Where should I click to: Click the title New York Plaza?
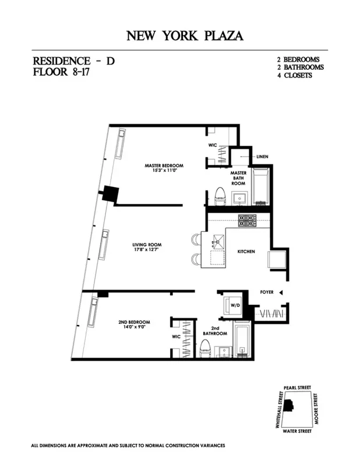(x=185, y=36)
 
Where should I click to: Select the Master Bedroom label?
(x=164, y=165)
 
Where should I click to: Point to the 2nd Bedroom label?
(x=135, y=322)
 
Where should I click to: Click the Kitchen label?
(x=246, y=251)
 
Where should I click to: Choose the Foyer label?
(x=266, y=292)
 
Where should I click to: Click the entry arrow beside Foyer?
(x=280, y=292)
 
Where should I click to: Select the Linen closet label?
(x=262, y=157)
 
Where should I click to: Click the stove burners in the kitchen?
(x=245, y=220)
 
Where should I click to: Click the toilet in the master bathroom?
(x=220, y=197)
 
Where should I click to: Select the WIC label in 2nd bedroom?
(x=177, y=336)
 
